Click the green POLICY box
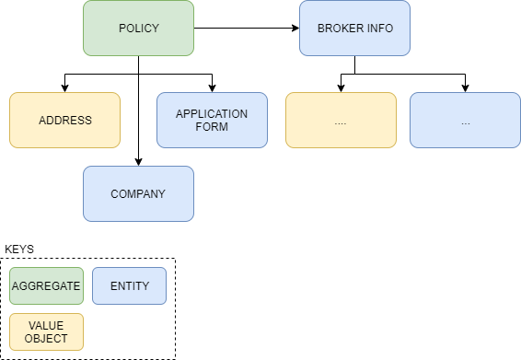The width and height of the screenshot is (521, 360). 139,29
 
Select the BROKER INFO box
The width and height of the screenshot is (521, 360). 355,29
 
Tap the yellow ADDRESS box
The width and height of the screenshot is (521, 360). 64,120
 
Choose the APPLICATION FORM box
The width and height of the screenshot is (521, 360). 212,120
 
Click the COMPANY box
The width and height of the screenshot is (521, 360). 139,193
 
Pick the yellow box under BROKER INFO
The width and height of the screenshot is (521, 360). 341,120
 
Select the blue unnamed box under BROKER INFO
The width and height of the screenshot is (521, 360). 465,120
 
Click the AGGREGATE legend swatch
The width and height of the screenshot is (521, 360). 46,285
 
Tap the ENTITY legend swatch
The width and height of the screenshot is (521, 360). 129,285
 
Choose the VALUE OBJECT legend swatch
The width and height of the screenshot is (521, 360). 46,331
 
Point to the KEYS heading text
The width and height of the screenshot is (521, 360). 19,250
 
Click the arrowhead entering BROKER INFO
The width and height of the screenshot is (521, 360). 295,29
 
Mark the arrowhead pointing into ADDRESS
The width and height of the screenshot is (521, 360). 64,88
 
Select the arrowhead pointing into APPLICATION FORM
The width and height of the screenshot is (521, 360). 212,88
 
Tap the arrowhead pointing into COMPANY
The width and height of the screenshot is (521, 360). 139,162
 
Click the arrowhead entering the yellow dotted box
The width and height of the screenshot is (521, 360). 341,88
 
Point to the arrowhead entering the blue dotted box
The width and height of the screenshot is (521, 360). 465,88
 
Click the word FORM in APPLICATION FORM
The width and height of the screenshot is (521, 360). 212,127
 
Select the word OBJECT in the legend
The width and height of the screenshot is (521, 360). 46,339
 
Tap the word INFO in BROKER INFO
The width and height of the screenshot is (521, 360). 380,29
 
